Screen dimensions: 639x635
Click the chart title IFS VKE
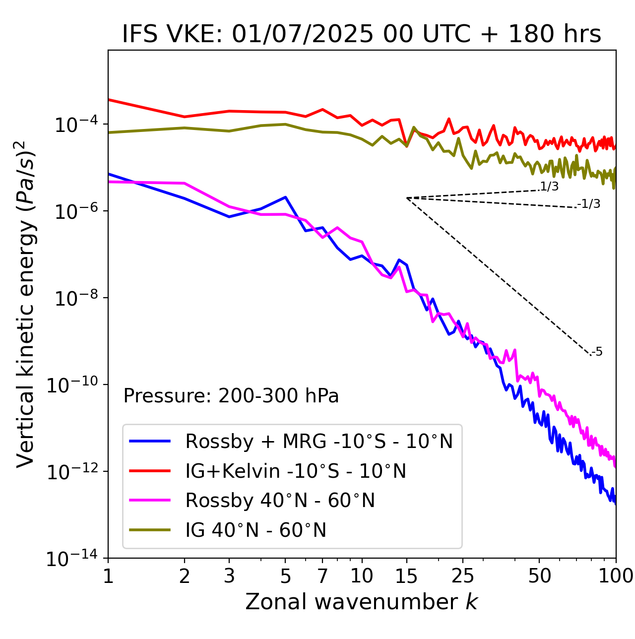click(x=362, y=34)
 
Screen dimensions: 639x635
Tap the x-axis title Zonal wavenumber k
click(x=362, y=601)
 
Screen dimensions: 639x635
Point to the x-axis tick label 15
click(x=406, y=575)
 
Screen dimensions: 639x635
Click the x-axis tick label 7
click(x=322, y=575)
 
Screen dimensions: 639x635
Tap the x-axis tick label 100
click(x=616, y=575)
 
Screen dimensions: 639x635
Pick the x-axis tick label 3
click(x=229, y=575)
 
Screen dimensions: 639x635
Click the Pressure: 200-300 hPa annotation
click(x=231, y=396)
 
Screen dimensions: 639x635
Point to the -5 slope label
click(x=597, y=352)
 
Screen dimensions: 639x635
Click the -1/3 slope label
click(x=589, y=204)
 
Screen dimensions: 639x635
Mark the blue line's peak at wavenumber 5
click(x=285, y=197)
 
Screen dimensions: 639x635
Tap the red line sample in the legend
click(x=150, y=471)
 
